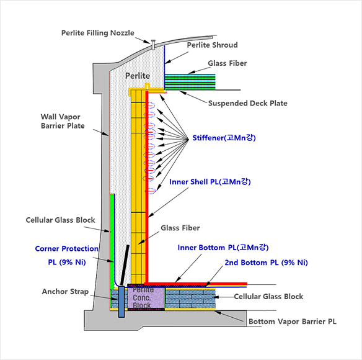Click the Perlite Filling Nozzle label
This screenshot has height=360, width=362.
click(98, 33)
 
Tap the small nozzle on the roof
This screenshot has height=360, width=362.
click(153, 45)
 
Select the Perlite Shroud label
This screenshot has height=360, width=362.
click(212, 45)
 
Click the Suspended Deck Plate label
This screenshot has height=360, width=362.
click(248, 103)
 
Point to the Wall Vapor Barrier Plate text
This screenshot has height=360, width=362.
click(63, 121)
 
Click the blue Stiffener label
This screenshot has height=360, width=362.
click(224, 138)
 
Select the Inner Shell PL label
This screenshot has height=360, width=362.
click(210, 182)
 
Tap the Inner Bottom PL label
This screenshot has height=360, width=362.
click(223, 248)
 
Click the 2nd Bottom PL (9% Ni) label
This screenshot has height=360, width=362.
click(266, 263)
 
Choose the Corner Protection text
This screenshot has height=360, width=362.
click(67, 248)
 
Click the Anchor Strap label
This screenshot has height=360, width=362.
click(65, 292)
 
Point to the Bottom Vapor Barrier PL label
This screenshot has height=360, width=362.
click(293, 322)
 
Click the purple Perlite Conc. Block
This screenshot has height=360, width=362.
click(146, 298)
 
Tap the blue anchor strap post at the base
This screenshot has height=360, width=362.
click(121, 302)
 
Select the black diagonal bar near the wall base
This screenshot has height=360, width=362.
click(125, 265)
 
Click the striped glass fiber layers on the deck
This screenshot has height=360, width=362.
click(190, 82)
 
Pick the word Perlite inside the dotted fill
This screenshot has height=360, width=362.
click(138, 76)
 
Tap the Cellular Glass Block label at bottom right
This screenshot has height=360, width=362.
click(268, 297)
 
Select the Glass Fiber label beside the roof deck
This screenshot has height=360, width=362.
click(227, 63)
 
